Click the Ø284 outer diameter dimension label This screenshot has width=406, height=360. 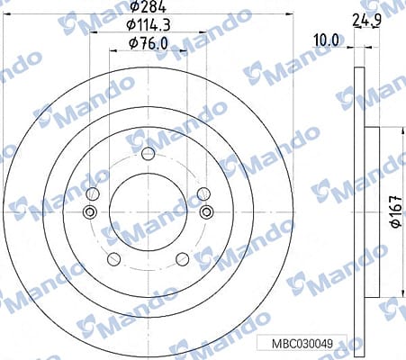(x=149, y=6)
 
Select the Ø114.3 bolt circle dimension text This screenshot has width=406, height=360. (x=149, y=25)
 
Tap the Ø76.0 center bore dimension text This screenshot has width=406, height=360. (x=149, y=44)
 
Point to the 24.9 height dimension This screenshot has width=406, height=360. (x=366, y=21)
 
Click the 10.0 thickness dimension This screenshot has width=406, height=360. (x=327, y=40)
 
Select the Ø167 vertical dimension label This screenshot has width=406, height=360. (x=395, y=211)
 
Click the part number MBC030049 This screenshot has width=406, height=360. (x=302, y=344)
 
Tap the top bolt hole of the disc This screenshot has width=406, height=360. (x=148, y=154)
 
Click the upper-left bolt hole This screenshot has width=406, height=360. (x=93, y=193)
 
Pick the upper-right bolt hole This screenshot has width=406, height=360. (x=203, y=193)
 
